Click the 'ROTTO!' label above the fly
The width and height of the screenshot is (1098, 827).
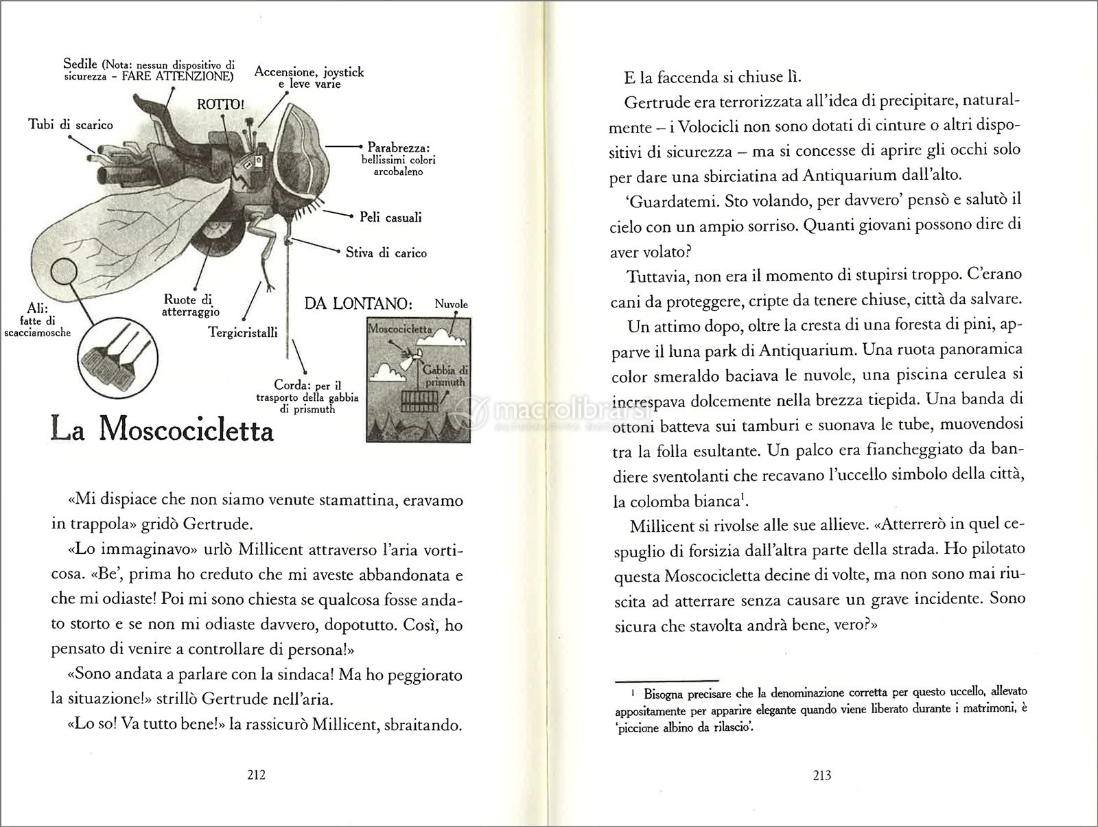220,105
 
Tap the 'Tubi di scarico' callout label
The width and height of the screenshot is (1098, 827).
71,124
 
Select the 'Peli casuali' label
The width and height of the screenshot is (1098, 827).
390,218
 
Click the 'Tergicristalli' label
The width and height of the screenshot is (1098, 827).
243,332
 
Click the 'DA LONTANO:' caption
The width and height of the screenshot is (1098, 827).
361,303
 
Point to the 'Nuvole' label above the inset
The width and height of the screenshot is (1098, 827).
452,303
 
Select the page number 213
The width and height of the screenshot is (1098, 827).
821,776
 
